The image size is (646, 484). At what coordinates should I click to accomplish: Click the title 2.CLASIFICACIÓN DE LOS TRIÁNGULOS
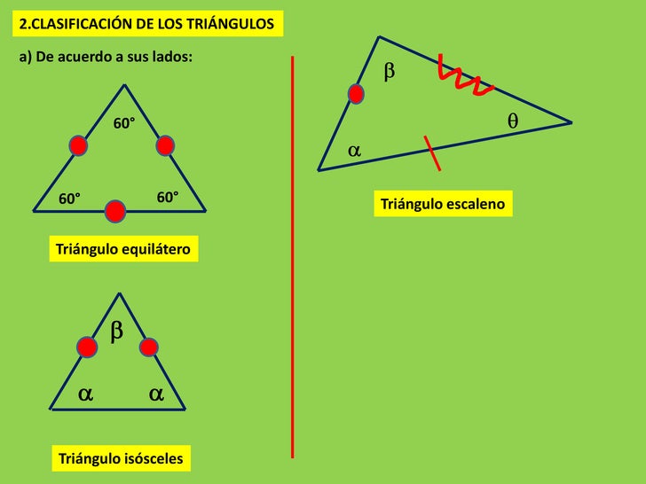[148, 24]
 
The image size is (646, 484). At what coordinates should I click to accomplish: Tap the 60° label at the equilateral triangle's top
[123, 123]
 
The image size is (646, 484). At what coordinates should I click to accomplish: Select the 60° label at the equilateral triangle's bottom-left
[69, 199]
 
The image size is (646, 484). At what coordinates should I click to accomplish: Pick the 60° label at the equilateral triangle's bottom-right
[168, 196]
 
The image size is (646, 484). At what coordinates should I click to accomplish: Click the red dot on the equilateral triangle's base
[115, 211]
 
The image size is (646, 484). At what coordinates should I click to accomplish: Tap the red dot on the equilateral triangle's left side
[78, 145]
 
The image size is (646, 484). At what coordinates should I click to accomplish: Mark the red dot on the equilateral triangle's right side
[165, 145]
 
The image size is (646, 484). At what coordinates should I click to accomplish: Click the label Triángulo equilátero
[122, 250]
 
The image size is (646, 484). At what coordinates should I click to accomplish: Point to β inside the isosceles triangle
[116, 332]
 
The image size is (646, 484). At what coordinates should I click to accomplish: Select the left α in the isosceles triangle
[85, 394]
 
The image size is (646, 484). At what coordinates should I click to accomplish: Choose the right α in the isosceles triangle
[156, 394]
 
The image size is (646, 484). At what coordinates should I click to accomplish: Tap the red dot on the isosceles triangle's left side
[87, 347]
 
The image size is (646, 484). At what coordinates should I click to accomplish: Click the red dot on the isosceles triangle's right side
[148, 347]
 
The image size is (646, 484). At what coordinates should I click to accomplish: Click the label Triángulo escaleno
[443, 205]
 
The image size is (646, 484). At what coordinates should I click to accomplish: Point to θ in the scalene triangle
[513, 121]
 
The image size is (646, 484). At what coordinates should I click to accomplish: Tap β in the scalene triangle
[389, 72]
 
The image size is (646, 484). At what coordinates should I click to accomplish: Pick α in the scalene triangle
[354, 152]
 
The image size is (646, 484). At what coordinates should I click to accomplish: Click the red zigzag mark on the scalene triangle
[464, 77]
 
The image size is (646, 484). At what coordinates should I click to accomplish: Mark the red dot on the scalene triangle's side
[356, 93]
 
